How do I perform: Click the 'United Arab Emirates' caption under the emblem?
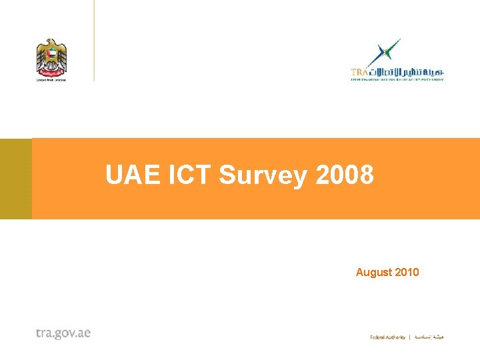pyautogui.click(x=51, y=79)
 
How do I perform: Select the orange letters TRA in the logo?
pyautogui.click(x=359, y=71)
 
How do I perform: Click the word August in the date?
pyautogui.click(x=373, y=272)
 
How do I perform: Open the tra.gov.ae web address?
pyautogui.click(x=63, y=333)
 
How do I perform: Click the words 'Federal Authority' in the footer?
pyautogui.click(x=387, y=337)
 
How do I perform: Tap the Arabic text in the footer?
pyautogui.click(x=430, y=337)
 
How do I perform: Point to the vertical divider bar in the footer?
pyautogui.click(x=410, y=337)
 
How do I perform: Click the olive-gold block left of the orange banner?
pyautogui.click(x=15, y=179)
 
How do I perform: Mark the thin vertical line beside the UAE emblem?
pyautogui.click(x=94, y=40)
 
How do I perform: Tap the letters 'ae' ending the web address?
pyautogui.click(x=84, y=333)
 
